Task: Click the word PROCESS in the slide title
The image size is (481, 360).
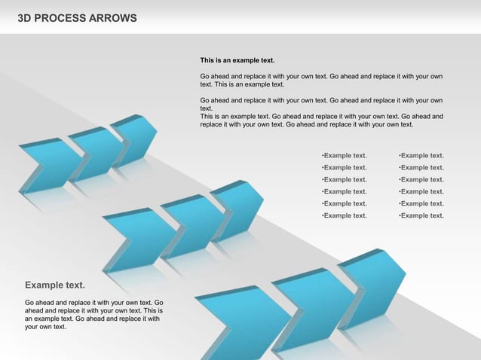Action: point(60,17)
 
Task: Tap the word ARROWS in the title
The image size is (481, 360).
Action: point(113,17)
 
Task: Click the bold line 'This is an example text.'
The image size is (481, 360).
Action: point(237,59)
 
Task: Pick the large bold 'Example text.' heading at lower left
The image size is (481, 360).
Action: point(55,285)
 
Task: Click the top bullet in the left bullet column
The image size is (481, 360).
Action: point(344,156)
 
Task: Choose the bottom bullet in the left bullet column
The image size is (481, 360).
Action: point(344,215)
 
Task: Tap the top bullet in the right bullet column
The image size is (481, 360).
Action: point(421,156)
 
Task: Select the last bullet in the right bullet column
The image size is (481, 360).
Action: point(421,215)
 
